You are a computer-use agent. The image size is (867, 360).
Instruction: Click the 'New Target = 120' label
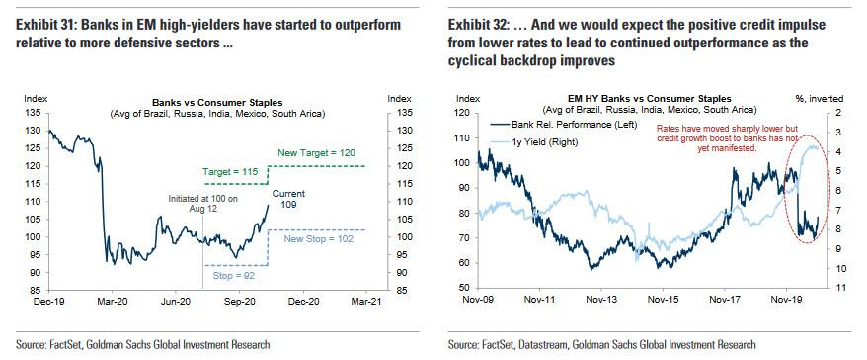pyautogui.click(x=316, y=153)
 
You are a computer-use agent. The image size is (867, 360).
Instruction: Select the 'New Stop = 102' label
pyautogui.click(x=318, y=239)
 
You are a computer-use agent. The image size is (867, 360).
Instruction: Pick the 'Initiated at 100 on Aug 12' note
pyautogui.click(x=203, y=204)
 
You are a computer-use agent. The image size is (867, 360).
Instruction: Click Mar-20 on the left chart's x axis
pyautogui.click(x=113, y=302)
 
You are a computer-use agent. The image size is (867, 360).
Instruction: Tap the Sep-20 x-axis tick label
pyautogui.click(x=239, y=302)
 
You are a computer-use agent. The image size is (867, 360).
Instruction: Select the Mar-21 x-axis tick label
pyautogui.click(x=366, y=302)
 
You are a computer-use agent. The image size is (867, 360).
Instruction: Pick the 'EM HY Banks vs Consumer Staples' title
pyautogui.click(x=650, y=99)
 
